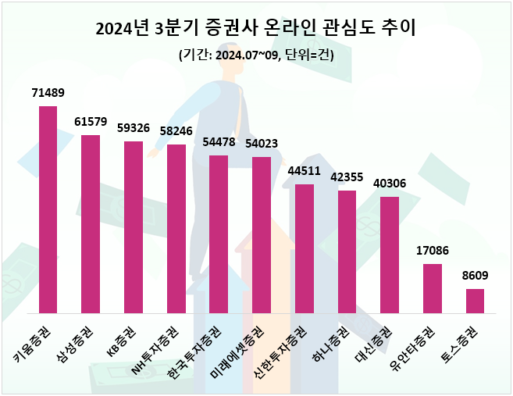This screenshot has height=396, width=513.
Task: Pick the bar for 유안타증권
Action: pyautogui.click(x=433, y=288)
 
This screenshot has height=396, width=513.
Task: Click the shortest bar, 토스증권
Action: pyautogui.click(x=475, y=301)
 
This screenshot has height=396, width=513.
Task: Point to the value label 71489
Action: pyautogui.click(x=48, y=93)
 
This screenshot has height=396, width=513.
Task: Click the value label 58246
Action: pyautogui.click(x=176, y=131)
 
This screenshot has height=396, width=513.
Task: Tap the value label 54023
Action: pyautogui.click(x=262, y=144)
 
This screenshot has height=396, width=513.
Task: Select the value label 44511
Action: pyautogui.click(x=305, y=171)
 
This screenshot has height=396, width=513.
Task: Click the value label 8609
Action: pyautogui.click(x=475, y=276)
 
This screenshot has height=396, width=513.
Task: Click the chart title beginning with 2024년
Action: pyautogui.click(x=256, y=30)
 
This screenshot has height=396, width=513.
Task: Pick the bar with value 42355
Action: pyautogui.click(x=347, y=252)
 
